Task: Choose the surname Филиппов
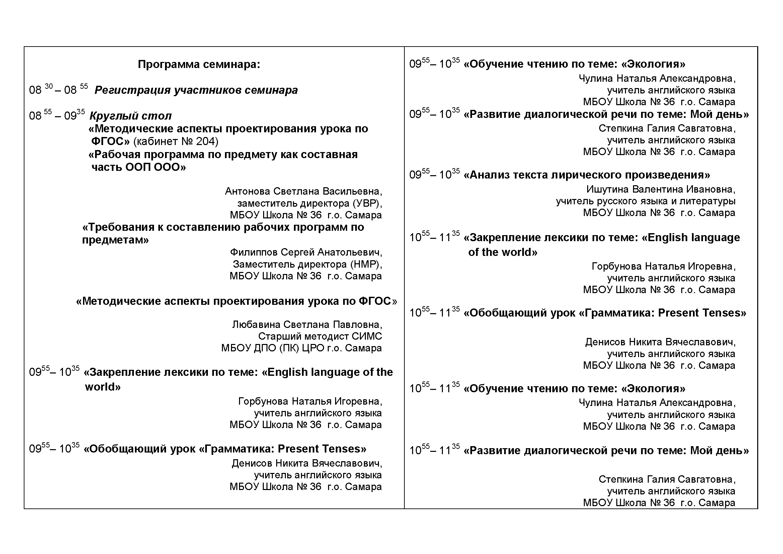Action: [253, 253]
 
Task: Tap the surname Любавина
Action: [256, 325]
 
